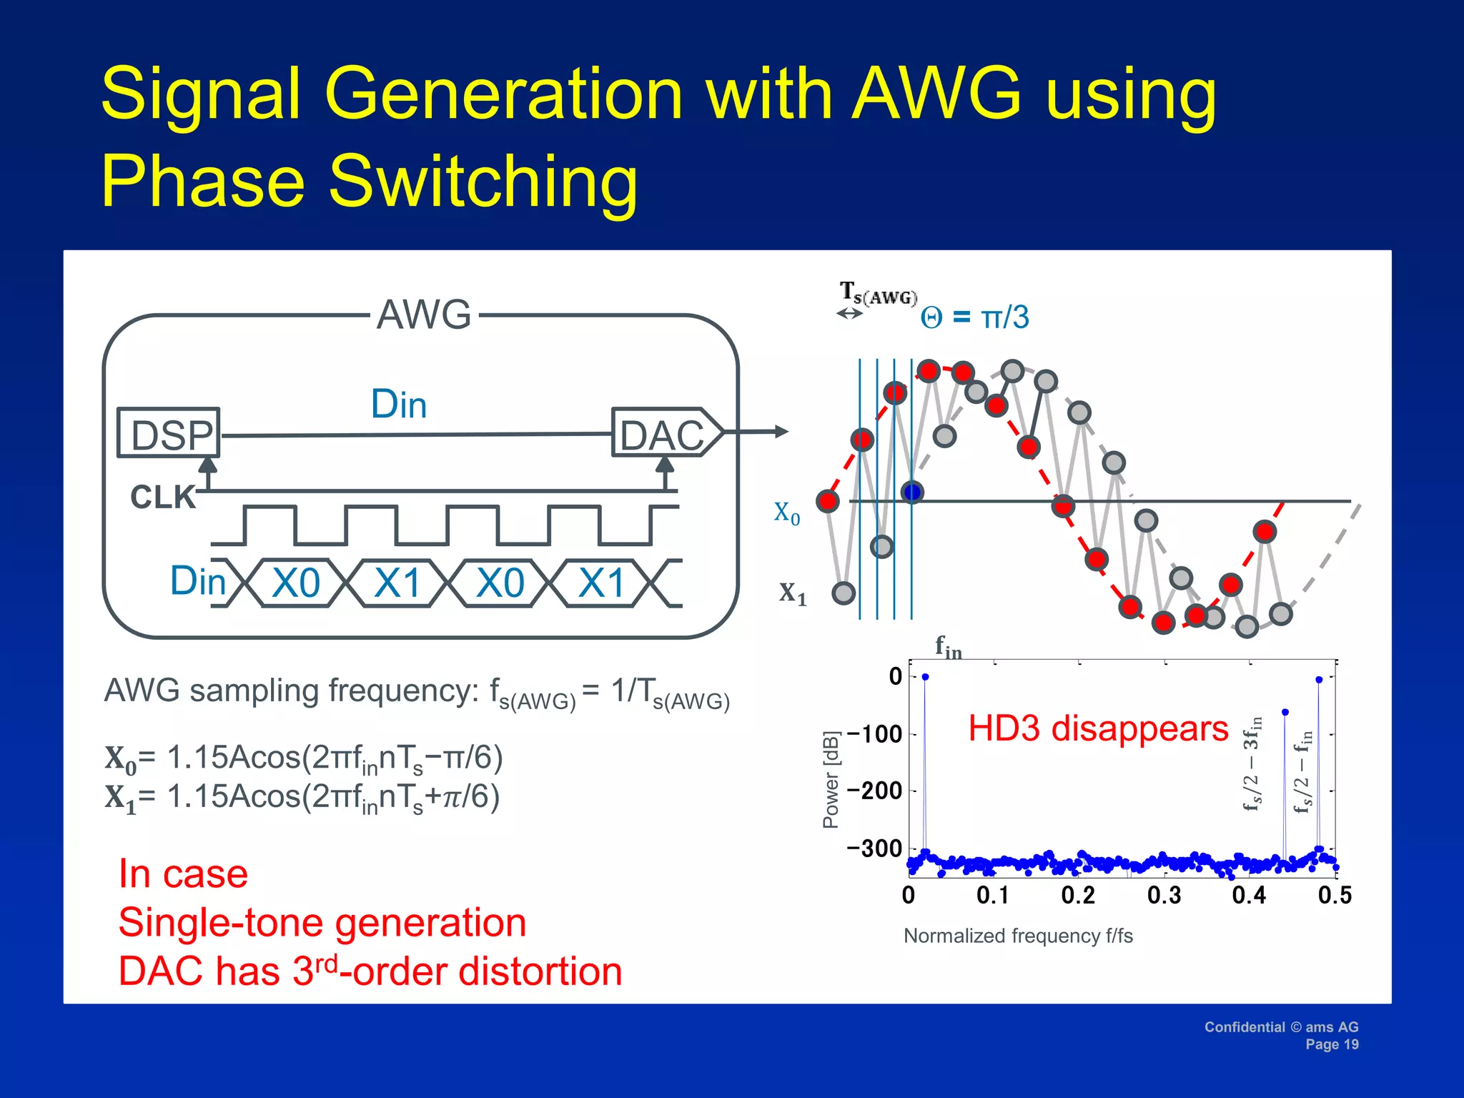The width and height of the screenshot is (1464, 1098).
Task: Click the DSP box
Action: click(169, 433)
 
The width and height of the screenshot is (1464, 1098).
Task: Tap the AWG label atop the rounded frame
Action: click(424, 315)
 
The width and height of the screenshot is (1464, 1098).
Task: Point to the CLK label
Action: click(163, 497)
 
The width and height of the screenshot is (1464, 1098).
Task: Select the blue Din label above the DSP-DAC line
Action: click(399, 404)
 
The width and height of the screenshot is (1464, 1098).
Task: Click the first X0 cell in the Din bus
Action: click(296, 583)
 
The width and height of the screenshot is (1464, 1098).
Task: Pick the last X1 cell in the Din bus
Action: click(602, 583)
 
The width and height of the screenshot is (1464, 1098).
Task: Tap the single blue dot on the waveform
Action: click(912, 492)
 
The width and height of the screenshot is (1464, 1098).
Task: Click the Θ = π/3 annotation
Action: click(975, 317)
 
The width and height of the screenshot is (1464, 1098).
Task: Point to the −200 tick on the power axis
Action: click(875, 791)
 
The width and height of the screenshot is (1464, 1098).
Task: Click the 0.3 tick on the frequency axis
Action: click(1164, 895)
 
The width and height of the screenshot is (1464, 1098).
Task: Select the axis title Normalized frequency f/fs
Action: click(1018, 936)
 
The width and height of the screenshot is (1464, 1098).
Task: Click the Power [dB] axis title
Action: click(831, 779)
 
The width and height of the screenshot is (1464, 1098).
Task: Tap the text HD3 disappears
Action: click(1098, 728)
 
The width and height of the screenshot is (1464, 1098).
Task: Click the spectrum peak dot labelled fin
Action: click(925, 676)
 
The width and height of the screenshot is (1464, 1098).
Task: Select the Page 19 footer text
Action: click(1331, 1044)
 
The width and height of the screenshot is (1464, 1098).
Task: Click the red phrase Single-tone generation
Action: click(322, 922)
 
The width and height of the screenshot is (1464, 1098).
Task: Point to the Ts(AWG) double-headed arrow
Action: click(849, 313)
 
